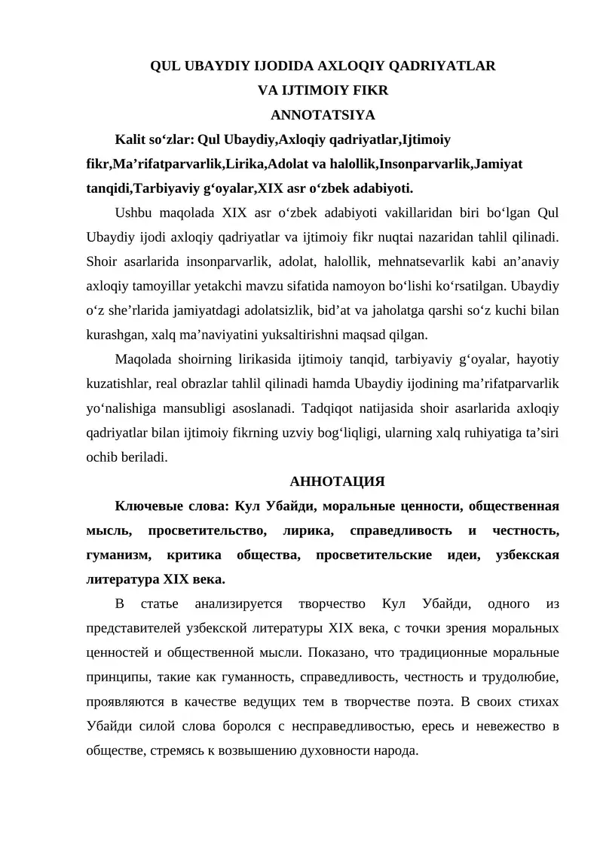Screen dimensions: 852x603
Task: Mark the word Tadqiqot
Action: point(330,408)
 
